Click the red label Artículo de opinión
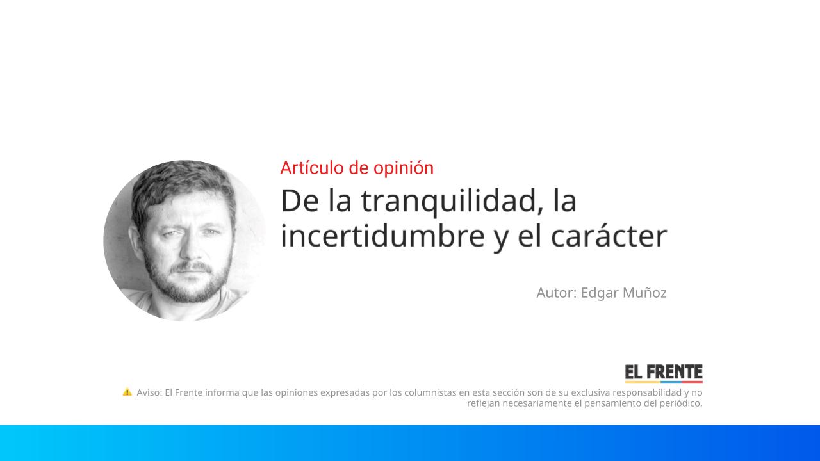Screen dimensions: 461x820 pos(357,168)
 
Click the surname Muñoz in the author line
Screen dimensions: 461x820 pos(644,293)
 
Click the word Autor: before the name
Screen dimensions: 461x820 pos(557,293)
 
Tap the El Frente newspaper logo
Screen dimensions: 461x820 pos(664,373)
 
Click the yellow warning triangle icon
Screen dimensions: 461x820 pos(127,392)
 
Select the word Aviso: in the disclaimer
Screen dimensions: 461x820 pos(149,392)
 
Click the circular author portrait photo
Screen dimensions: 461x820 pos(184,240)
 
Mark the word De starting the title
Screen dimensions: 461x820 pos(300,201)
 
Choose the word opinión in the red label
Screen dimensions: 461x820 pos(409,168)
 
